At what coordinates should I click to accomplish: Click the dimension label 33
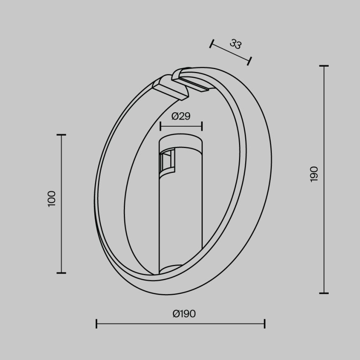235,44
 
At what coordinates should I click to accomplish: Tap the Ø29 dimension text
181,116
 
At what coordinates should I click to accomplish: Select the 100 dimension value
51,199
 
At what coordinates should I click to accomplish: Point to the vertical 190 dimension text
314,174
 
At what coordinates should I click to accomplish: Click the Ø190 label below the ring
184,314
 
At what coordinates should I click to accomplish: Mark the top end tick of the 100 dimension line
61,135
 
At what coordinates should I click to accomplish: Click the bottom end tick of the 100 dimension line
61,272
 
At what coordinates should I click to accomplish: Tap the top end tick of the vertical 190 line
324,66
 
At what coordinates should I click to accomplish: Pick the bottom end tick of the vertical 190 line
324,293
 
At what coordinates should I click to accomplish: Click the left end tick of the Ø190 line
96,324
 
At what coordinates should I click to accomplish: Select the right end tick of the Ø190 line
265,324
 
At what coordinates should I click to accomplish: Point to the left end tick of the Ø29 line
160,126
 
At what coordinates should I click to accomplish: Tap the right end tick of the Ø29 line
202,126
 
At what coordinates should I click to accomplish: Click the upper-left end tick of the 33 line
212,44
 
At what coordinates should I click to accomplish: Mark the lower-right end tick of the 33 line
249,61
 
